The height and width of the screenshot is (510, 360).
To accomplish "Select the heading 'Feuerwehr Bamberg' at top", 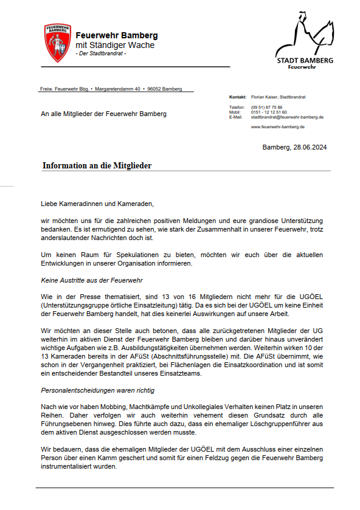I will click(x=116, y=35).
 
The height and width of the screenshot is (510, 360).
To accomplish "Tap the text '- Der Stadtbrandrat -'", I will click(x=101, y=54).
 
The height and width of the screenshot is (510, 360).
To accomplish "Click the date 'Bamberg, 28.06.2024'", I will click(x=294, y=148).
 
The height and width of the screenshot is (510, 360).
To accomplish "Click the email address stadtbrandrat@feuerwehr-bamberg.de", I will click(x=287, y=117).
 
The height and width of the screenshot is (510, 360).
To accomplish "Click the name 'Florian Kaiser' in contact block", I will click(x=265, y=97).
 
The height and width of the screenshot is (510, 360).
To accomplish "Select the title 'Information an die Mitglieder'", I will click(x=97, y=165).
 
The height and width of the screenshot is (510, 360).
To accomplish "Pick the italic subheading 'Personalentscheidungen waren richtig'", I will click(x=97, y=389).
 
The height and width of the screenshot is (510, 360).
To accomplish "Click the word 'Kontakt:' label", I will click(x=237, y=97).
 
